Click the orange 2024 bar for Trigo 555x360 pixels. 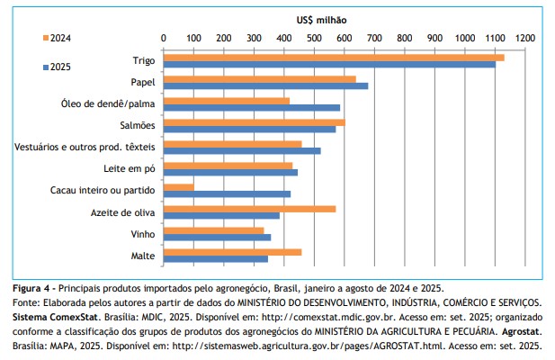click(333, 58)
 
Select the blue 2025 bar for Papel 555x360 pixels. click(265, 86)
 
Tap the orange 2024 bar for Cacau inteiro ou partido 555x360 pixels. click(178, 187)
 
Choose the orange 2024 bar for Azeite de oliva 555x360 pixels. click(249, 209)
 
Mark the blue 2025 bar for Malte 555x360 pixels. click(215, 259)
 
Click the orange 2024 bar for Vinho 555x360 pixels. click(213, 230)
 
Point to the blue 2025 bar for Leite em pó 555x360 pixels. click(230, 173)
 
